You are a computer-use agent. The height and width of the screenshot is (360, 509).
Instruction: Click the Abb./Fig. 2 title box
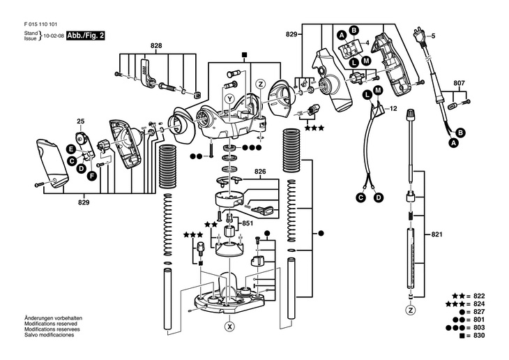pyautogui.click(x=86, y=36)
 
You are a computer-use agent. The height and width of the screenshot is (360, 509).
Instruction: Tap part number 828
pyautogui.click(x=156, y=46)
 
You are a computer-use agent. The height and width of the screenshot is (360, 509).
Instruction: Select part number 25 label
pyautogui.click(x=80, y=121)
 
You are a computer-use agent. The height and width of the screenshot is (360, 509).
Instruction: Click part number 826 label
pyautogui.click(x=260, y=171)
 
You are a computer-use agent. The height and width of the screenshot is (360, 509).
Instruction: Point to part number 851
pyautogui.click(x=248, y=223)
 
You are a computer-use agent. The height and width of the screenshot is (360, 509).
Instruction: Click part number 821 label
pyautogui.click(x=436, y=234)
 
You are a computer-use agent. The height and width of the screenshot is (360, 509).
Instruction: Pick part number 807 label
pyautogui.click(x=459, y=83)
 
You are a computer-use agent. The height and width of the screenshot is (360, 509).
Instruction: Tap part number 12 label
pyautogui.click(x=393, y=109)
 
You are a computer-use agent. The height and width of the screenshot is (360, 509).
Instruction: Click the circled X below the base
pyautogui.click(x=230, y=327)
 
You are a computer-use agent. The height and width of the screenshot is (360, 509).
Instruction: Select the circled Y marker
pyautogui.click(x=230, y=99)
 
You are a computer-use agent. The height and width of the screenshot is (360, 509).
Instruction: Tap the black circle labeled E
pyautogui.click(x=70, y=149)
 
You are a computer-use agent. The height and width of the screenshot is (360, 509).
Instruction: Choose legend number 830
pyautogui.click(x=479, y=336)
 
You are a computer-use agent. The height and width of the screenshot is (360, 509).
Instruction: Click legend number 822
pyautogui.click(x=479, y=296)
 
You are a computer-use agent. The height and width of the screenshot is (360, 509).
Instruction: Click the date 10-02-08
pyautogui.click(x=54, y=36)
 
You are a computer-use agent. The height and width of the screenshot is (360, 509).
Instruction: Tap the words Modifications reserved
pyautogui.click(x=51, y=324)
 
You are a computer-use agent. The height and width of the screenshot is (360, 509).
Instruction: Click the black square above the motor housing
pyautogui.click(x=244, y=54)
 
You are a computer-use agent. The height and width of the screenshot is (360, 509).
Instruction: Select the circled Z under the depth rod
pyautogui.click(x=411, y=310)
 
